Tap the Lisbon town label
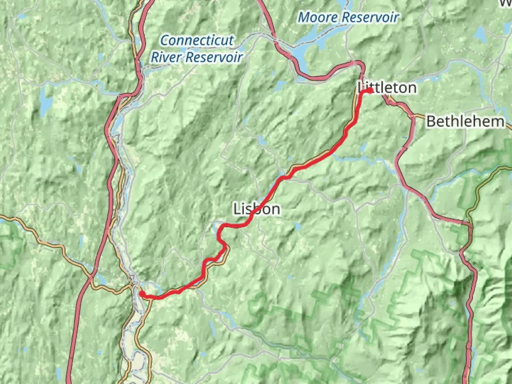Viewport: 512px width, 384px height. point(256,209)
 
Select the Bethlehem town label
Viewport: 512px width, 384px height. point(465,122)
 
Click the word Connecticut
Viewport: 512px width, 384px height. point(197,40)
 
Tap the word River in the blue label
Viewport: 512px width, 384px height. point(167,57)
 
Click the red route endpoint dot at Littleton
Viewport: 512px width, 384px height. point(370,91)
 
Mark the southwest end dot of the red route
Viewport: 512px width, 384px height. point(142,293)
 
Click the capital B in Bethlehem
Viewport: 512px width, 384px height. point(431,122)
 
